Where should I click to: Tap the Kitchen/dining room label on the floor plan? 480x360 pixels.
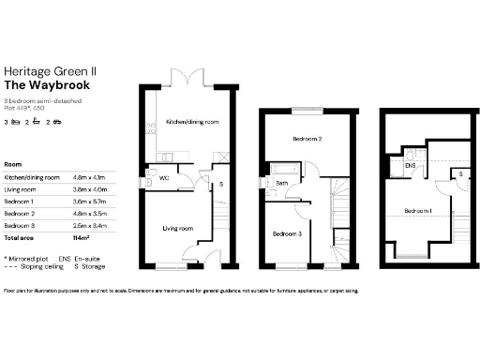(x=192, y=123)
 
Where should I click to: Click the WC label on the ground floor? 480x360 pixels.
(x=164, y=175)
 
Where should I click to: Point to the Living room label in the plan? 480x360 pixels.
(x=178, y=228)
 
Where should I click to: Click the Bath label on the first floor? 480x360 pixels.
(x=281, y=183)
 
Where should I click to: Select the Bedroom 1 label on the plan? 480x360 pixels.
(x=416, y=211)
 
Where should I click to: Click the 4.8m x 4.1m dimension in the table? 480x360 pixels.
(x=90, y=176)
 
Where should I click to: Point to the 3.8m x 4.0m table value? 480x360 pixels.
(x=90, y=188)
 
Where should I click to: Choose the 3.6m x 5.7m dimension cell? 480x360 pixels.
(x=90, y=201)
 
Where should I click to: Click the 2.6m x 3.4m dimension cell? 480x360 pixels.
(x=90, y=225)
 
